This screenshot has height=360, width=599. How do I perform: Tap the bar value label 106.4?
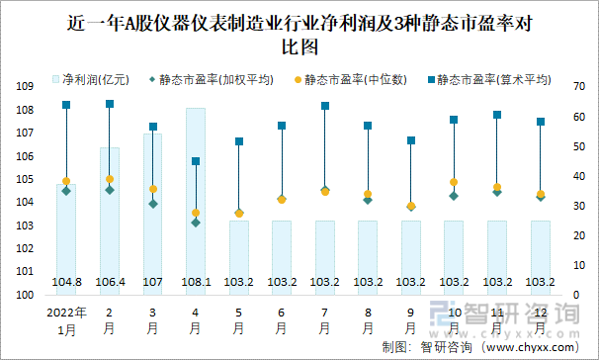tap(110, 282)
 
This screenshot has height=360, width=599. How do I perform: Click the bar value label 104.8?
tap(66, 282)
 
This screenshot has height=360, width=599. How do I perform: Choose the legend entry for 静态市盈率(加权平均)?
tap(213, 77)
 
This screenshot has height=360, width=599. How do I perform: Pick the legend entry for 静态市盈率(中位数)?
tap(350, 77)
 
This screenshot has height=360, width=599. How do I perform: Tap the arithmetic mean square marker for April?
tap(196, 161)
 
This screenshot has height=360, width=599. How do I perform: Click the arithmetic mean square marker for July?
tap(324, 106)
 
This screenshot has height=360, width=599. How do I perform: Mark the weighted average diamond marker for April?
tap(196, 223)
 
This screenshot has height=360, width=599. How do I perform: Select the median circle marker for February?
tap(110, 179)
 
